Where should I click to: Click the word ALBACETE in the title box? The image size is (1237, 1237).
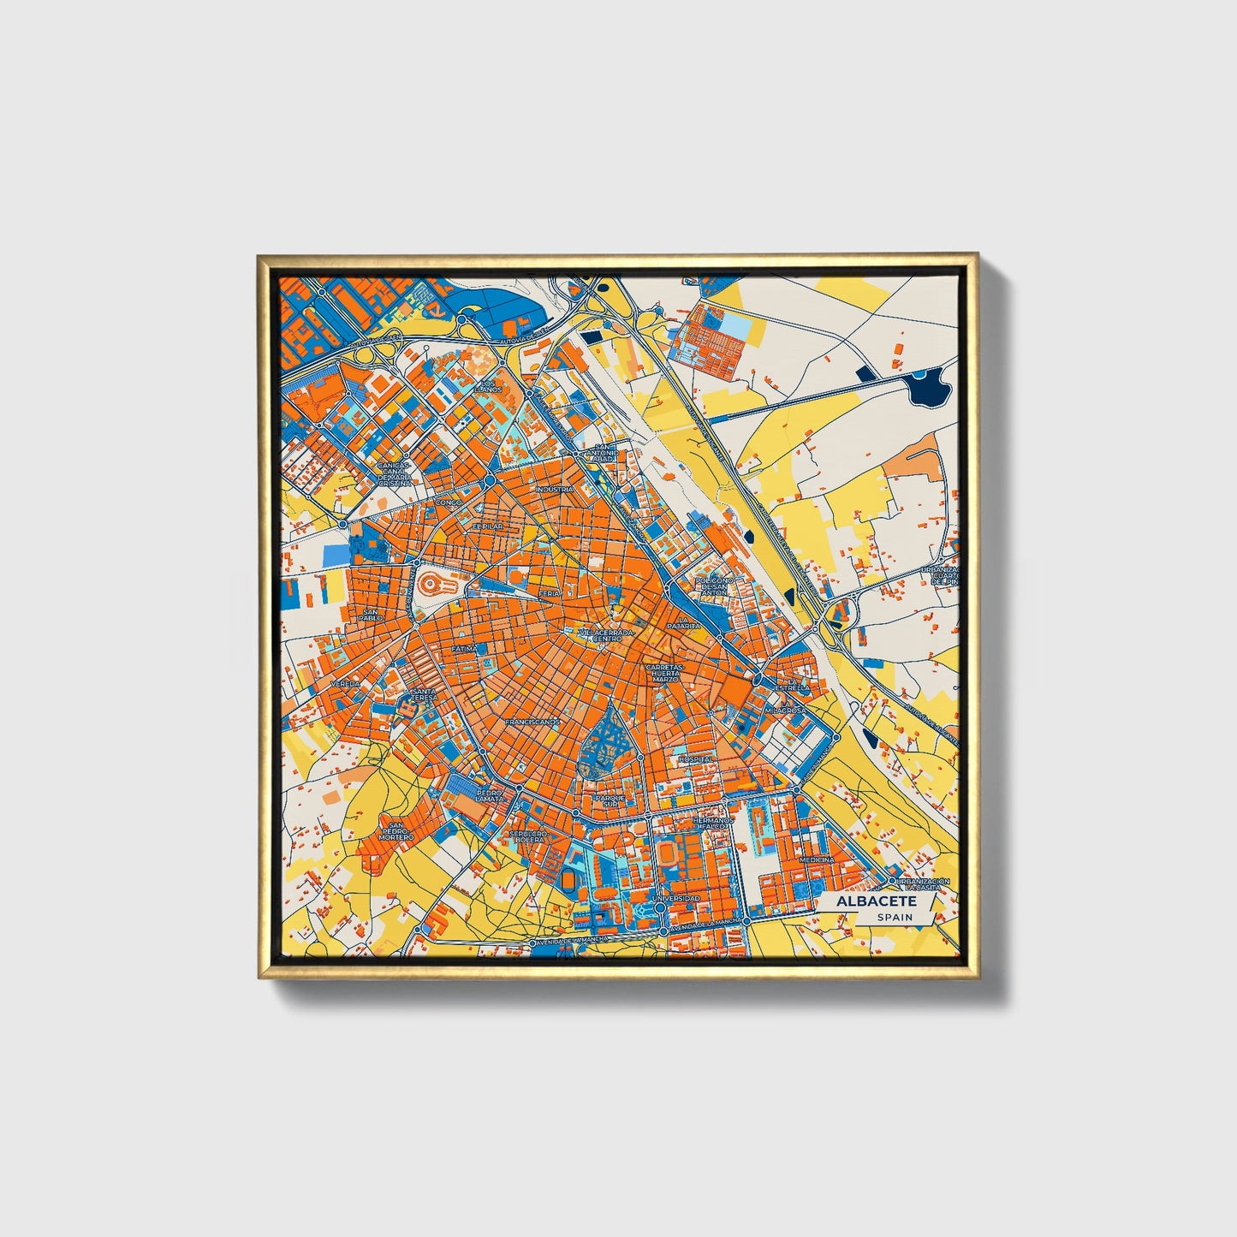coord(876,901)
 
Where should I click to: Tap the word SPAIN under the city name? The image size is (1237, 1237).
coord(894,918)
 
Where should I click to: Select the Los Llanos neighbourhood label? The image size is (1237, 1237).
coord(489,386)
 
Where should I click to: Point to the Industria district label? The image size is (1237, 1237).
coord(554,490)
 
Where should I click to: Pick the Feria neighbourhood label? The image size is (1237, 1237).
coord(549,592)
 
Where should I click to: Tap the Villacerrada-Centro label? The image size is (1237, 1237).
coord(607,636)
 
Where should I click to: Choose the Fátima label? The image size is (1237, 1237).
coord(464,649)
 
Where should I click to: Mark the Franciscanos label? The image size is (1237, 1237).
coord(532,722)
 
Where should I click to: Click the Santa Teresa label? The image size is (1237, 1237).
coord(424,694)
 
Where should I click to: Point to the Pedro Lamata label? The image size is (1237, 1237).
coord(490,795)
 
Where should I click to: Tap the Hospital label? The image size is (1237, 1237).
coord(695,758)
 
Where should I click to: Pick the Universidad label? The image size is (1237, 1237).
coord(675,898)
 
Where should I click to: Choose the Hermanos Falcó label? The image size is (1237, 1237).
coord(713,824)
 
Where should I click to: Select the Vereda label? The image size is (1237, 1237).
coord(346,685)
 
